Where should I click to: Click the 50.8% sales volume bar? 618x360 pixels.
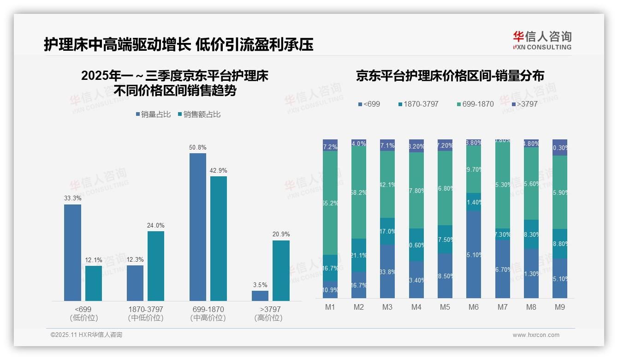coord(198,227)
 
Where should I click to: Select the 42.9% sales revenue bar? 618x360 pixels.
coord(219,239)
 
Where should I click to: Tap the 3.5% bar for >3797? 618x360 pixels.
coord(260,296)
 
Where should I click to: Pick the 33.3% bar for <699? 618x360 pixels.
coord(72,253)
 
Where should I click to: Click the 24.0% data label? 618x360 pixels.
coord(156,225)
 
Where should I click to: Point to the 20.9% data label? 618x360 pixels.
coord(281,234)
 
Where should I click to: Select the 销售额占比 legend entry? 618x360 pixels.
coord(199,114)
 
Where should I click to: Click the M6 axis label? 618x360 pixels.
coord(474,307)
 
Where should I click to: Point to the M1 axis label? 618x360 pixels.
coord(330,307)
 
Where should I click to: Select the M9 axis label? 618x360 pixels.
coord(559,307)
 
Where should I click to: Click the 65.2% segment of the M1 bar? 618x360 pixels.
coord(330,203)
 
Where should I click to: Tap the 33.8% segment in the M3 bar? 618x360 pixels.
coord(387,271)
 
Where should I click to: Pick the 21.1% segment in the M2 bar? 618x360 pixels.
coord(359,255)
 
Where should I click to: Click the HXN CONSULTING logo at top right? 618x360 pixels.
coord(542,41)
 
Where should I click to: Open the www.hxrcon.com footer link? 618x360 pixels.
coord(536,335)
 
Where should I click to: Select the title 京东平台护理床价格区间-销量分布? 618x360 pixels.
coord(450,76)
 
